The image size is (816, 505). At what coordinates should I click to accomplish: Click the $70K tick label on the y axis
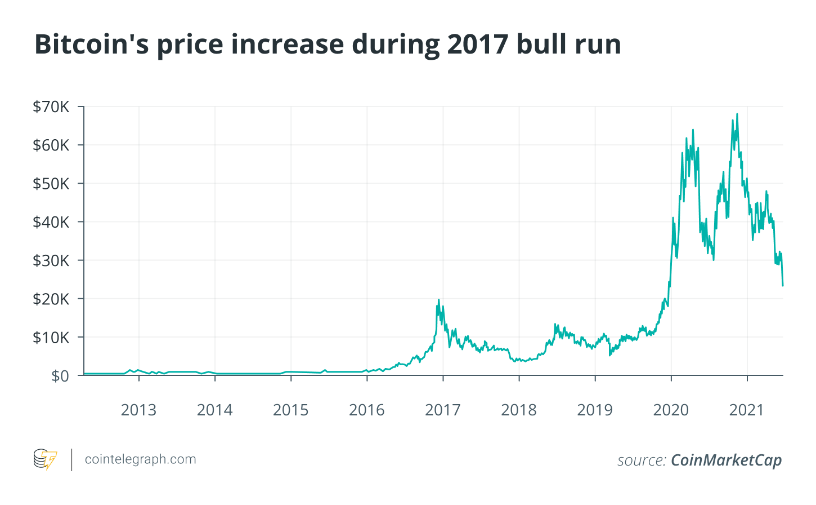tap(51, 107)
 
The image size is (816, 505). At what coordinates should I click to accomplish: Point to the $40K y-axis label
tap(51, 222)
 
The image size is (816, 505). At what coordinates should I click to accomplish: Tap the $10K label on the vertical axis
tap(51, 338)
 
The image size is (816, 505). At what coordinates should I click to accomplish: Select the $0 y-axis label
tap(60, 376)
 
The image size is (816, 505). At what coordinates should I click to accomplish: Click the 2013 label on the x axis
tap(138, 410)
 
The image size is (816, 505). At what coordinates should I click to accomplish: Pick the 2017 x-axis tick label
tap(443, 410)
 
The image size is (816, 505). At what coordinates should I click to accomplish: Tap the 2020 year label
tap(671, 410)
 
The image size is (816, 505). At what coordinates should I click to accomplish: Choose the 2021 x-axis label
tap(746, 410)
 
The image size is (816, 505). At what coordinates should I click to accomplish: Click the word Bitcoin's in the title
tap(92, 44)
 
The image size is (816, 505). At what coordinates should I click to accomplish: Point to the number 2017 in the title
tap(478, 44)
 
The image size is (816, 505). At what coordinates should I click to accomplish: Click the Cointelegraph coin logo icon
tap(45, 459)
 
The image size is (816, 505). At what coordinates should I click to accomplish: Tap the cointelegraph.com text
tap(141, 459)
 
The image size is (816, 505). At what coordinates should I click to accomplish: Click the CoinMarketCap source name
tap(727, 460)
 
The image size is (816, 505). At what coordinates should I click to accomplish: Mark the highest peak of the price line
tap(737, 114)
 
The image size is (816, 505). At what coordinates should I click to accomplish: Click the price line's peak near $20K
tap(438, 300)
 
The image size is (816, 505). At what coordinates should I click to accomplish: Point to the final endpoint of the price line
tap(783, 286)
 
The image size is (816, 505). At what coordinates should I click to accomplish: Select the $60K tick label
tap(51, 145)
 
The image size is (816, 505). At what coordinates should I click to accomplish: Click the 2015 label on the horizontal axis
tap(291, 410)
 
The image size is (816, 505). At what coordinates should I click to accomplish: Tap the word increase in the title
tap(287, 44)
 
